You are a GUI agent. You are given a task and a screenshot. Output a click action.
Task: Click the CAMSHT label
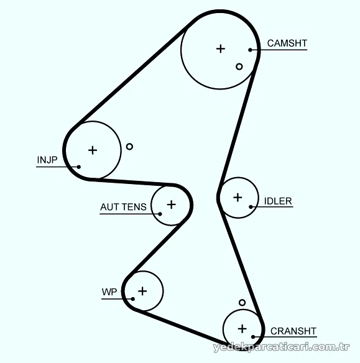pyautogui.click(x=287, y=44)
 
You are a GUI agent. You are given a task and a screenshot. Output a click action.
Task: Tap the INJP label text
pyautogui.click(x=47, y=160)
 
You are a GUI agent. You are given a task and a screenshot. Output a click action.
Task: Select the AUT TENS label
pyautogui.click(x=123, y=207)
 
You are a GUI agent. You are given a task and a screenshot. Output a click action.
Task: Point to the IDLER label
pyautogui.click(x=278, y=201)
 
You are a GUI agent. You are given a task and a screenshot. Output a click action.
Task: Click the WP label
pyautogui.click(x=109, y=292)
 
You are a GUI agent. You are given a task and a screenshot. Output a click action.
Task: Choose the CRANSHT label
pyautogui.click(x=293, y=331)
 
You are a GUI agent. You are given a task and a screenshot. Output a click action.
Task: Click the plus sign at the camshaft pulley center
pyautogui.click(x=221, y=48)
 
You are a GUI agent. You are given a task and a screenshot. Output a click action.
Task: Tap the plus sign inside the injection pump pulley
pyautogui.click(x=93, y=150)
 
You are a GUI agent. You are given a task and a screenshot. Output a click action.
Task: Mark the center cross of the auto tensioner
pyautogui.click(x=172, y=204)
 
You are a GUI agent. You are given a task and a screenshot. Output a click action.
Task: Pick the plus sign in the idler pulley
pyautogui.click(x=238, y=198)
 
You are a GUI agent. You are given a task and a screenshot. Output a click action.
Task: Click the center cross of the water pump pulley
pyautogui.click(x=142, y=291)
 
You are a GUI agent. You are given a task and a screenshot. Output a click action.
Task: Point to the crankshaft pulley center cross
pyautogui.click(x=242, y=329)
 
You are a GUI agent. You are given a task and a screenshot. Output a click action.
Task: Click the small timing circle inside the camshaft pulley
pyautogui.click(x=239, y=67)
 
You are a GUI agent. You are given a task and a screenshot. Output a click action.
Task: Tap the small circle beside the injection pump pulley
pyautogui.click(x=129, y=147)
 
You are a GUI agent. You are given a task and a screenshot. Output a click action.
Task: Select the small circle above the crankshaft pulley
pyautogui.click(x=242, y=302)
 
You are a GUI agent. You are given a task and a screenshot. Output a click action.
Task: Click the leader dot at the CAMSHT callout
pyautogui.click(x=250, y=50)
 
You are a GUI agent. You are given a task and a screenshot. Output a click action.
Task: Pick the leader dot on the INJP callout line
pyautogui.click(x=79, y=167)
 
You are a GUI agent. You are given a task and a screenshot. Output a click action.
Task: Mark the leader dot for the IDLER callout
pyautogui.click(x=251, y=207)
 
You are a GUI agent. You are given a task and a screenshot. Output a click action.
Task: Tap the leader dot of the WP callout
pyautogui.click(x=132, y=299)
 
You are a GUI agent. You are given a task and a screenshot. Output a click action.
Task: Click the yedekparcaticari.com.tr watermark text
pyautogui.click(x=281, y=347)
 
